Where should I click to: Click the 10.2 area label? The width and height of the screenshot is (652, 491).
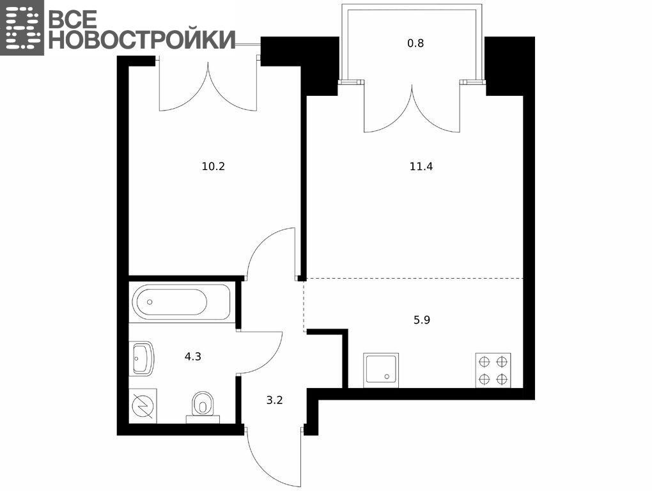point(213,167)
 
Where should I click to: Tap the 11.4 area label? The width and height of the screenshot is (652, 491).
point(421,167)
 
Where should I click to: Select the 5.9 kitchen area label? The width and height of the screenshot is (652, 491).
point(422,320)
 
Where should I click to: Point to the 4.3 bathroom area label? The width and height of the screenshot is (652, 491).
point(193,356)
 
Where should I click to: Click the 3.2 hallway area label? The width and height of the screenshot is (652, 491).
point(274,400)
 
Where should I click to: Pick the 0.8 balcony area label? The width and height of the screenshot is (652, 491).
point(415,43)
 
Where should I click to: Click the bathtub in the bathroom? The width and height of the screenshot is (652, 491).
point(181,302)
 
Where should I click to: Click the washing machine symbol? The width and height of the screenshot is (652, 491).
point(143,406)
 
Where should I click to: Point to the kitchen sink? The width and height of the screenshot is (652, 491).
point(381,370)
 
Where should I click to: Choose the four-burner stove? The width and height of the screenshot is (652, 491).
point(493,370)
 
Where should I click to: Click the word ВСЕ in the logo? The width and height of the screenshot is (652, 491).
point(73,19)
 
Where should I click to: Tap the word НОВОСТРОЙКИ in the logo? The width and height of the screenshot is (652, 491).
point(142,40)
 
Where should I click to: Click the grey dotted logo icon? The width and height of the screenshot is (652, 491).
point(22,27)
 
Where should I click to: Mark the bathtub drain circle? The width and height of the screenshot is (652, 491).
point(150,302)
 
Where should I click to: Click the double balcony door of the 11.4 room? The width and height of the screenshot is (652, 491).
point(412,107)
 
